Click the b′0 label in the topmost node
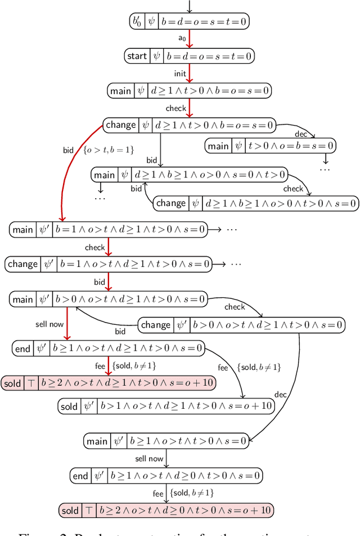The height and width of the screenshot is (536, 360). pos(136,22)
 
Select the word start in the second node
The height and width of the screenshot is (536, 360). pos(137,56)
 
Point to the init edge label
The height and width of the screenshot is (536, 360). pos(179,73)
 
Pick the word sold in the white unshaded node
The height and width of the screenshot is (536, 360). pos(69,406)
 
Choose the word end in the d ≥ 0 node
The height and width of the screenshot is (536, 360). pos(80,476)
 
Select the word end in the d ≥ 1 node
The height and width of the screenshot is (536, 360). pos(23,349)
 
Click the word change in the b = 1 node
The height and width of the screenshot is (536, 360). pos(22,263)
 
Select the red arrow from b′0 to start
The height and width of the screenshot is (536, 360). pos(190,38)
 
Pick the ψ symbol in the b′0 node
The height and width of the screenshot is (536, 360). pos(152,22)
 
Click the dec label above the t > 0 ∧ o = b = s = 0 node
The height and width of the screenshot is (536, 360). pos(301,134)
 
